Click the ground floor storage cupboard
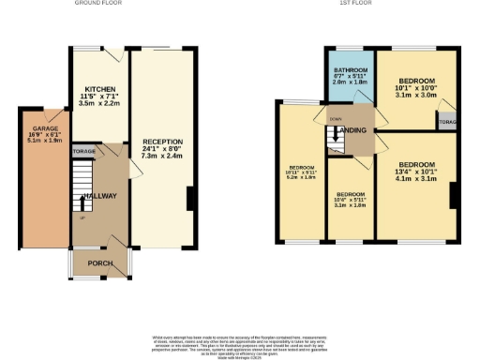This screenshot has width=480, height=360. click(83, 150)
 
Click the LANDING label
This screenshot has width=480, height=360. click(352, 129)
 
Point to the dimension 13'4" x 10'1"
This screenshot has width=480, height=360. click(416, 172)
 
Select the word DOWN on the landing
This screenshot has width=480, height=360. click(336, 119)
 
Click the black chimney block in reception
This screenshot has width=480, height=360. click(191, 200)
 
